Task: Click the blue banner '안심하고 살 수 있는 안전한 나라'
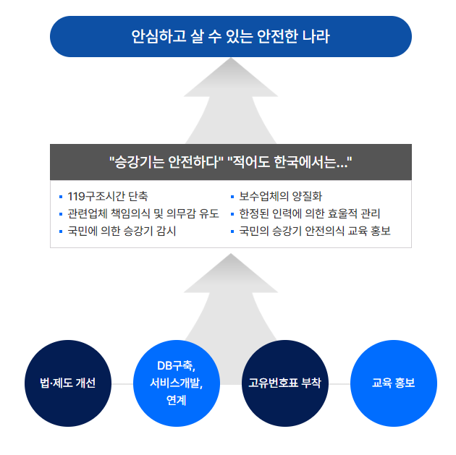click(x=230, y=36)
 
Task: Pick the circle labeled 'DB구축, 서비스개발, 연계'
click(x=176, y=383)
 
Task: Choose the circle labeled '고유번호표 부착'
click(x=284, y=383)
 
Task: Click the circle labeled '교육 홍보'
click(x=393, y=383)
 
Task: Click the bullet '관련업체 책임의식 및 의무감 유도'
click(x=143, y=213)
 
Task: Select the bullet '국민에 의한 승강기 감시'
click(x=121, y=231)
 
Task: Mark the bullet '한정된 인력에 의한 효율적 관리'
click(x=310, y=213)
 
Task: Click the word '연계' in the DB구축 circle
click(x=176, y=399)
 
